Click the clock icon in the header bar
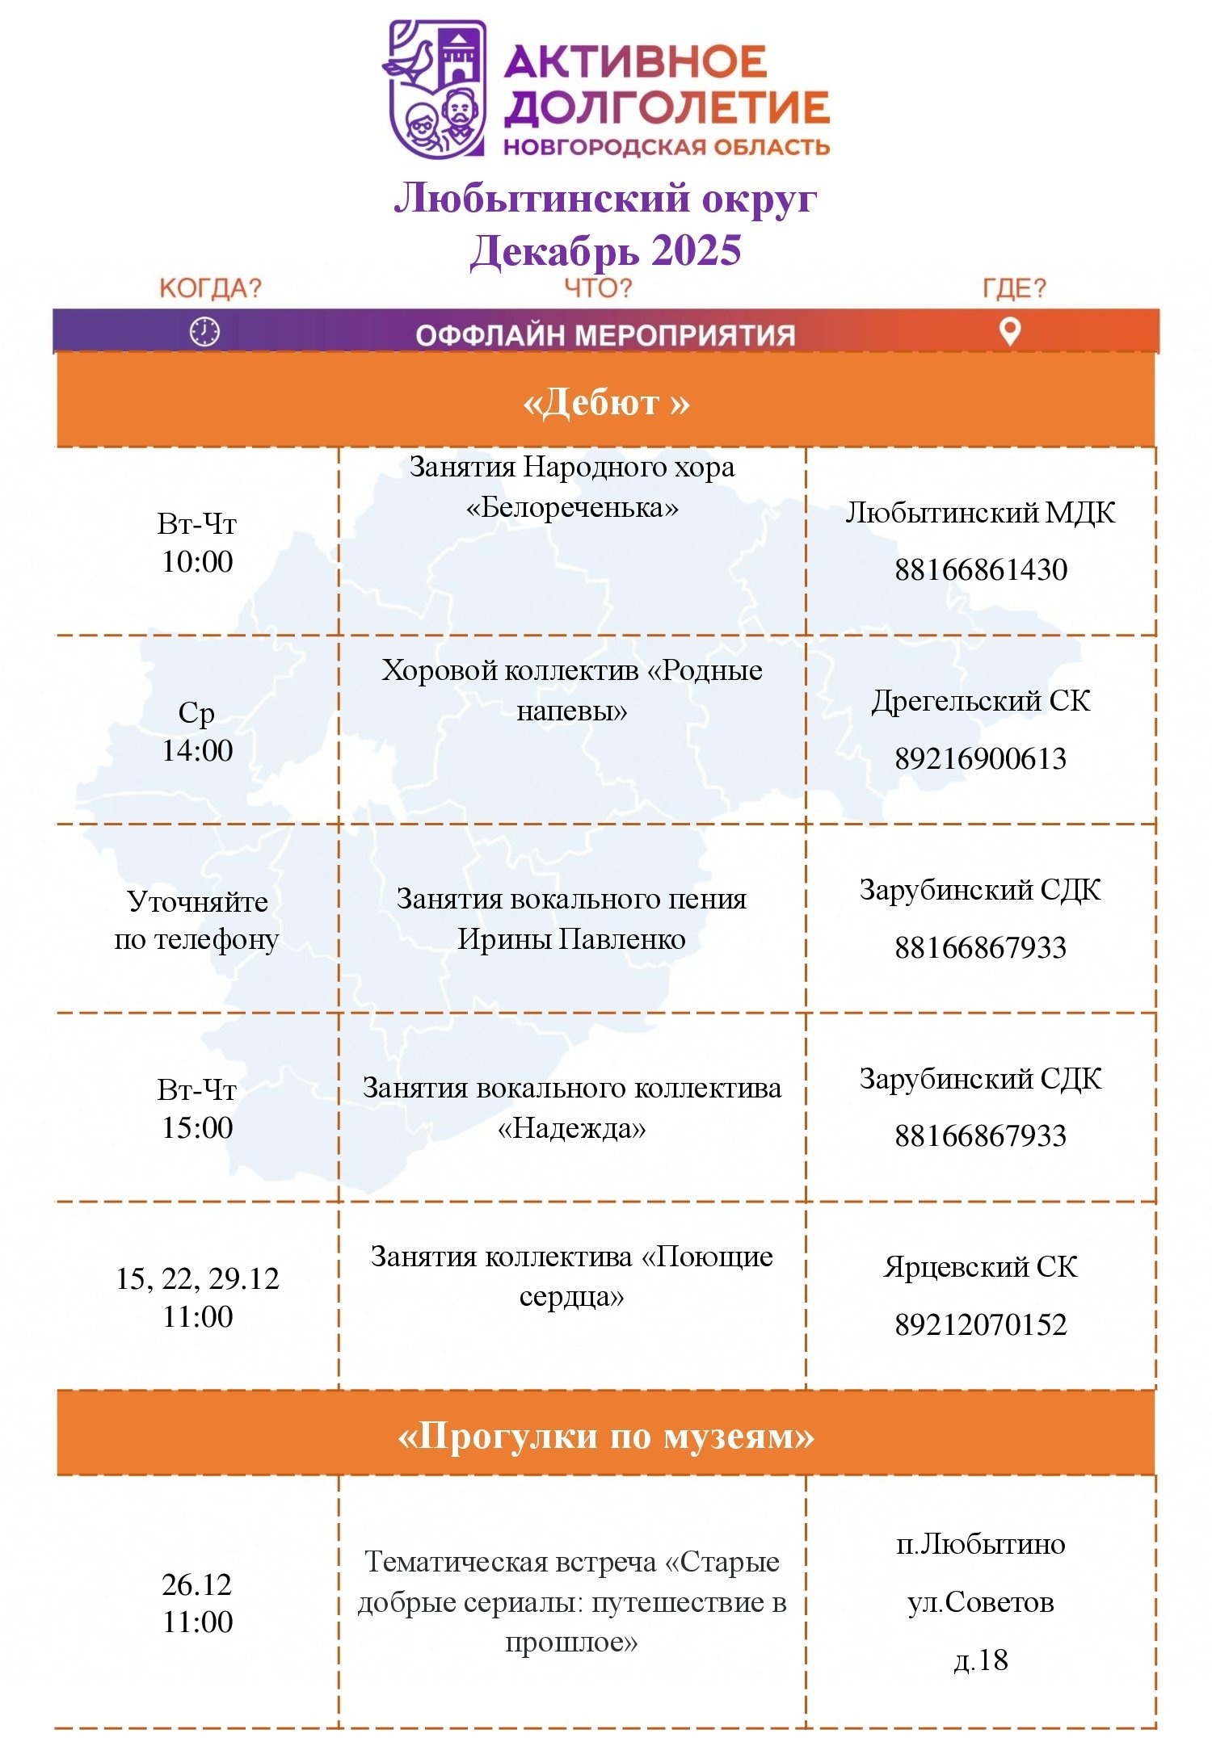tap(204, 332)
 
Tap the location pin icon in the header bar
tap(1010, 330)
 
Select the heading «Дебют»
tap(606, 402)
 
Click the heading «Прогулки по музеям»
tap(606, 1436)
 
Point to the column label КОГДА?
tap(210, 288)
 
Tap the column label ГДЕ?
tap(1014, 288)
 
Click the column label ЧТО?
tap(598, 288)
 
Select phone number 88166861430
tap(980, 570)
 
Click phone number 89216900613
tap(980, 759)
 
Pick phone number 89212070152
tap(980, 1325)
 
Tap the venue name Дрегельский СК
tap(980, 701)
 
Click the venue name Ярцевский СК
tap(980, 1267)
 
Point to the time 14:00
tap(197, 751)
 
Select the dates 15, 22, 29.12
tap(197, 1279)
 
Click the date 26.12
tap(197, 1584)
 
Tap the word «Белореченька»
tap(572, 508)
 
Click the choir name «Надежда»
tap(572, 1128)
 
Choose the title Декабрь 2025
tap(606, 250)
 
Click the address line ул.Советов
tap(980, 1602)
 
